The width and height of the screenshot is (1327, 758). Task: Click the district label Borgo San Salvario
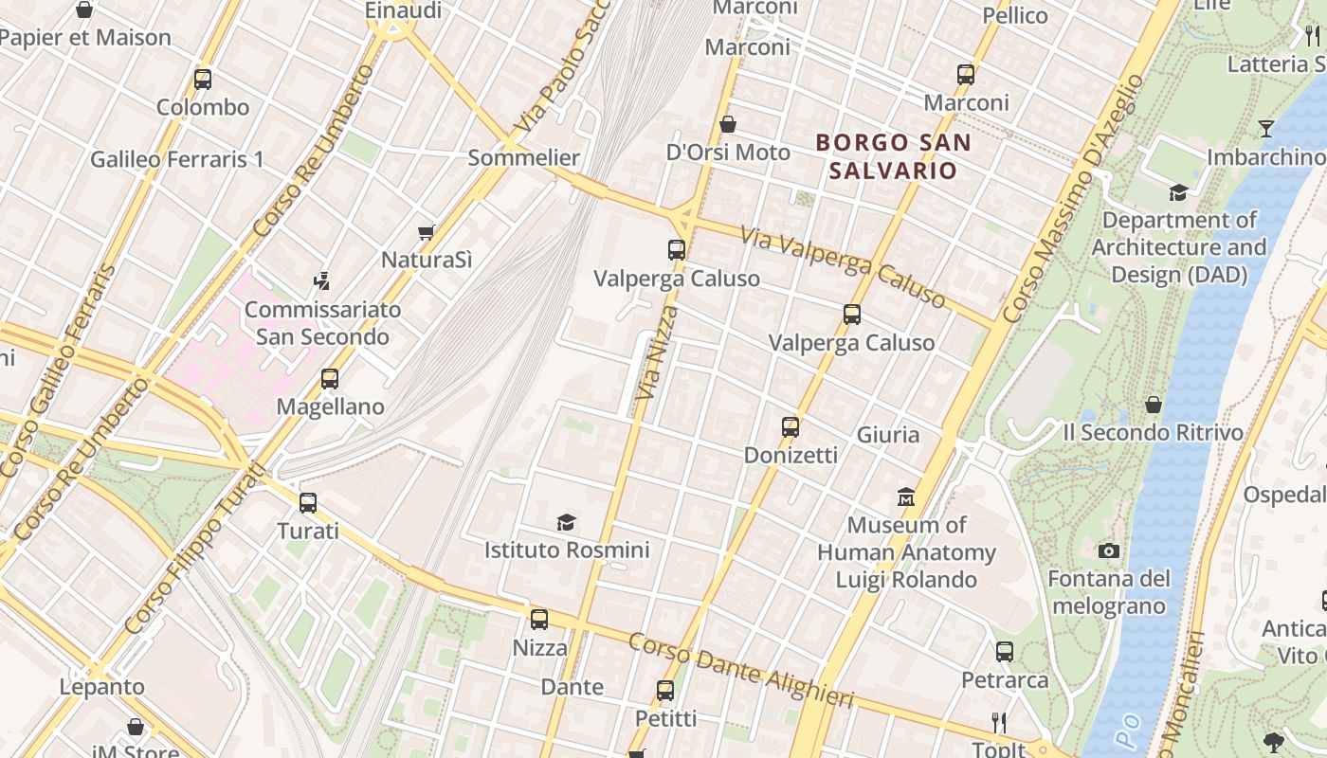(x=894, y=156)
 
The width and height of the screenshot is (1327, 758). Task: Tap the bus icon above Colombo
(x=203, y=80)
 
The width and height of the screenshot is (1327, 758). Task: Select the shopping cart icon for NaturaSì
(x=427, y=232)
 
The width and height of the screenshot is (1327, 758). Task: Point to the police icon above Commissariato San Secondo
(x=322, y=281)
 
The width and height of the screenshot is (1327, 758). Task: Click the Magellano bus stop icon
(x=330, y=379)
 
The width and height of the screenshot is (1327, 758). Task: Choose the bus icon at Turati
(x=308, y=503)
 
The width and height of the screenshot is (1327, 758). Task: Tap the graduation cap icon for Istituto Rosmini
(x=567, y=522)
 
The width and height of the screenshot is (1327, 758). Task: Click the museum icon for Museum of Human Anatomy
(x=906, y=496)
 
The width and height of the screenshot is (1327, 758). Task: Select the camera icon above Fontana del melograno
(x=1108, y=550)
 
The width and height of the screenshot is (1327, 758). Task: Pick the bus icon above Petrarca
(x=1005, y=652)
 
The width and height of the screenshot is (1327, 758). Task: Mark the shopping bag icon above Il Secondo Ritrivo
(x=1153, y=405)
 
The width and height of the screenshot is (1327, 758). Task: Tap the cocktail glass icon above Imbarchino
(x=1265, y=128)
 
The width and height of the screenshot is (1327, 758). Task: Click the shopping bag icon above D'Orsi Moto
(x=728, y=124)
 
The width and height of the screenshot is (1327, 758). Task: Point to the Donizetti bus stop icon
(x=791, y=427)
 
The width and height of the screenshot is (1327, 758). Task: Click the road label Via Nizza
(x=658, y=352)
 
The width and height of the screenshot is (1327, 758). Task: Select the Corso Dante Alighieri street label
(x=740, y=671)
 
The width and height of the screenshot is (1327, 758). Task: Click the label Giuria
(x=888, y=435)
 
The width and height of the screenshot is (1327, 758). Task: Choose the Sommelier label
(x=524, y=157)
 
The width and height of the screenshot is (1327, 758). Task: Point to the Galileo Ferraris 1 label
(x=177, y=159)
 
